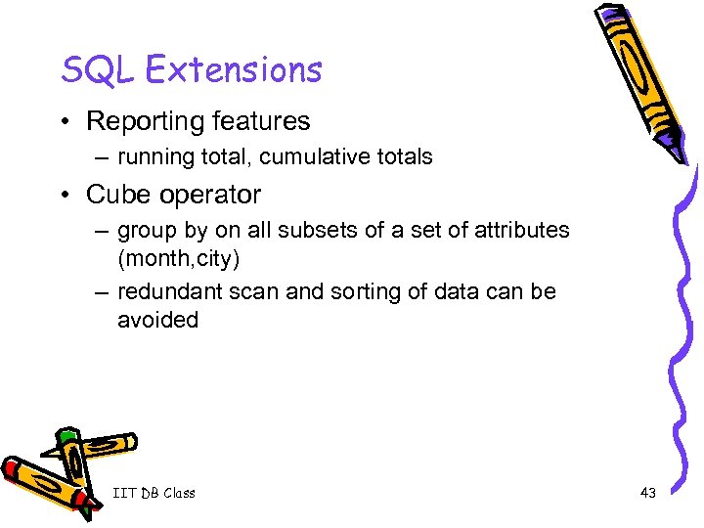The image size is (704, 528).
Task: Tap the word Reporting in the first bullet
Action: coord(143,122)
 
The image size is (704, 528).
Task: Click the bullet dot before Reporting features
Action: coord(68,122)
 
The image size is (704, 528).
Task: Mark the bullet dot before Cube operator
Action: coord(68,195)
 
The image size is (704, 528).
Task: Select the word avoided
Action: coord(157,319)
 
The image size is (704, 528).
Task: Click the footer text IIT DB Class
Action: coord(154,493)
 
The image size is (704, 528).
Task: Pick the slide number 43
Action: coord(647,493)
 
